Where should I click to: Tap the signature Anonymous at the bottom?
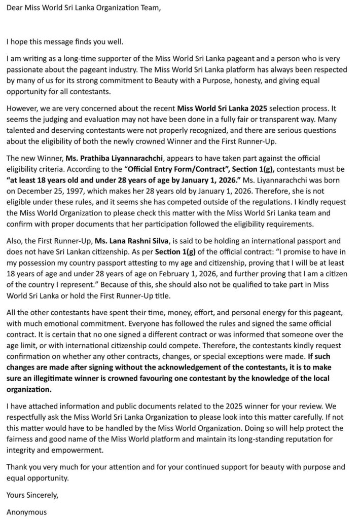(27, 511)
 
